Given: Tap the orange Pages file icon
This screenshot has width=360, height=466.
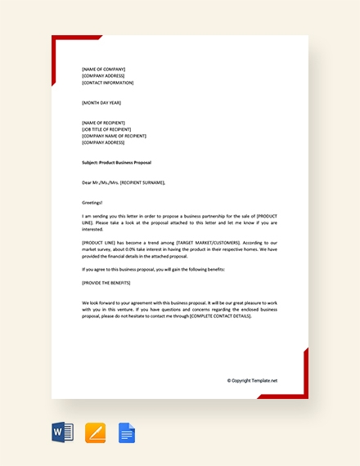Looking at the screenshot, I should click(96, 432).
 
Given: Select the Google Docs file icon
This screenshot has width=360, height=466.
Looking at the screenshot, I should click(127, 432).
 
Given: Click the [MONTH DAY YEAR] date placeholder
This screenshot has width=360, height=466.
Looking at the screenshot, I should click(101, 102).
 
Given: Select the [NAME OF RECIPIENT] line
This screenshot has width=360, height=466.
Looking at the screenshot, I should click(105, 122).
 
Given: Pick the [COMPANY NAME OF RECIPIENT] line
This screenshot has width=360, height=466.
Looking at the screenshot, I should click(115, 135).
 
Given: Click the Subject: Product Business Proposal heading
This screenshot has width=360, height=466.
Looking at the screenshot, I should click(116, 162).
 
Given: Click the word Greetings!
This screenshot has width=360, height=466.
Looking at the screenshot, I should click(92, 202).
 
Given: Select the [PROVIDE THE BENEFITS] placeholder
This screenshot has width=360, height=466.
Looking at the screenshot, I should click(108, 281).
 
